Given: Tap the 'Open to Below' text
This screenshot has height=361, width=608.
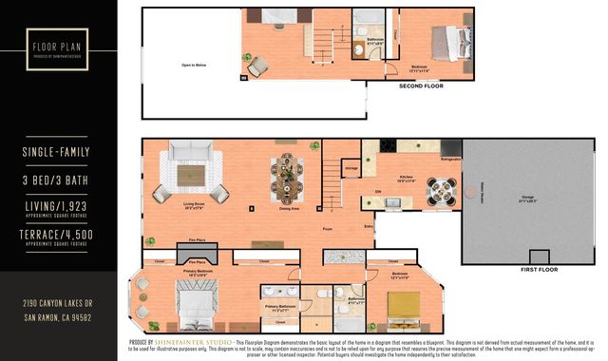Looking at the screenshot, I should pos(195,66).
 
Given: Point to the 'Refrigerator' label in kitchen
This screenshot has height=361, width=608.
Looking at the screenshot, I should pos(450,161).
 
